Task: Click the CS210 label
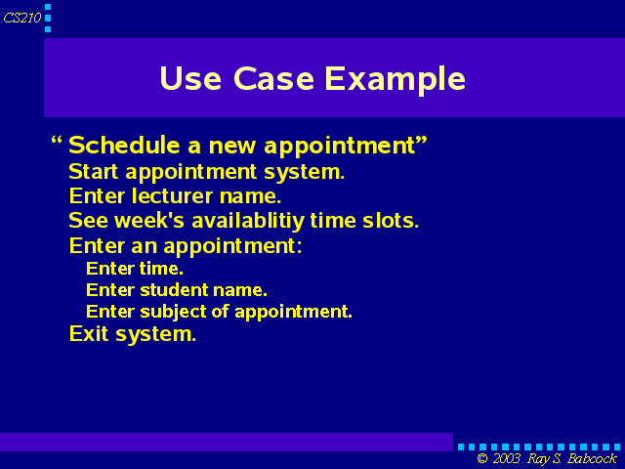[x=22, y=18]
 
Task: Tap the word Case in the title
[x=273, y=78]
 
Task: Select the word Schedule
[x=124, y=145]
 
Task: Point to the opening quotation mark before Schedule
[x=57, y=141]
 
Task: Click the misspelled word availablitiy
[x=248, y=222]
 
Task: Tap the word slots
[x=391, y=221]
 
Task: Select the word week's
[x=149, y=221]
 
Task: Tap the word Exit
[x=89, y=333]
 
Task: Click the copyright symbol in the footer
[x=482, y=458]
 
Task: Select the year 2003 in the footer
[x=507, y=458]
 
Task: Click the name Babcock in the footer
[x=592, y=458]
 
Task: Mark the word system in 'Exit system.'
[x=156, y=334]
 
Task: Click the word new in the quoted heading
[x=232, y=147]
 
